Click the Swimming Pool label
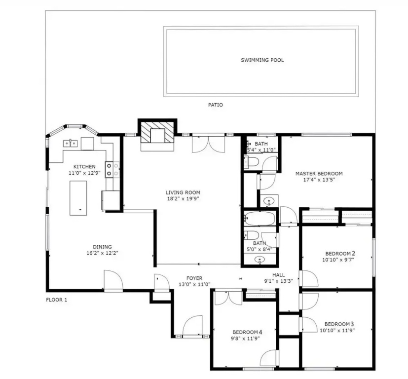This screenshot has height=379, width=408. point(262,60)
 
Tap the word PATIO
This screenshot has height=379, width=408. point(216,105)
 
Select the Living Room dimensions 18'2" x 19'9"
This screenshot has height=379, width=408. point(183,199)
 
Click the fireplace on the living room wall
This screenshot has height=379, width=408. point(157,135)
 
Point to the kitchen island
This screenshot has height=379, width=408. point(78,198)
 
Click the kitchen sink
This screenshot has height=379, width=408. point(70,143)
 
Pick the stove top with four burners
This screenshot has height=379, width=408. point(112,169)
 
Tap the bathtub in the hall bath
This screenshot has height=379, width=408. point(260,218)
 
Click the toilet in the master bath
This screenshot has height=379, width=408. point(251,162)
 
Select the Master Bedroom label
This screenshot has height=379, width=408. point(319,174)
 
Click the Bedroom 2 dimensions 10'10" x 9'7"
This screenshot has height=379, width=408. point(338,260)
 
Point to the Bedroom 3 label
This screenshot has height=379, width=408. point(339,324)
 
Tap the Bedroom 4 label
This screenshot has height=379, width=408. point(247,332)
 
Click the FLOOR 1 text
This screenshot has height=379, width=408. point(56,300)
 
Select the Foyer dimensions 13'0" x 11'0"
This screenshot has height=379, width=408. point(194,284)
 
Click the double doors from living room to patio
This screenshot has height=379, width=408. point(208,144)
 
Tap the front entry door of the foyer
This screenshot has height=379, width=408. point(192,326)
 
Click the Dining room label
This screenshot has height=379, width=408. point(102,247)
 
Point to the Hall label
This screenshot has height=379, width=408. point(278,275)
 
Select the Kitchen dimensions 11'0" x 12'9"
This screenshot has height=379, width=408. point(84,173)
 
